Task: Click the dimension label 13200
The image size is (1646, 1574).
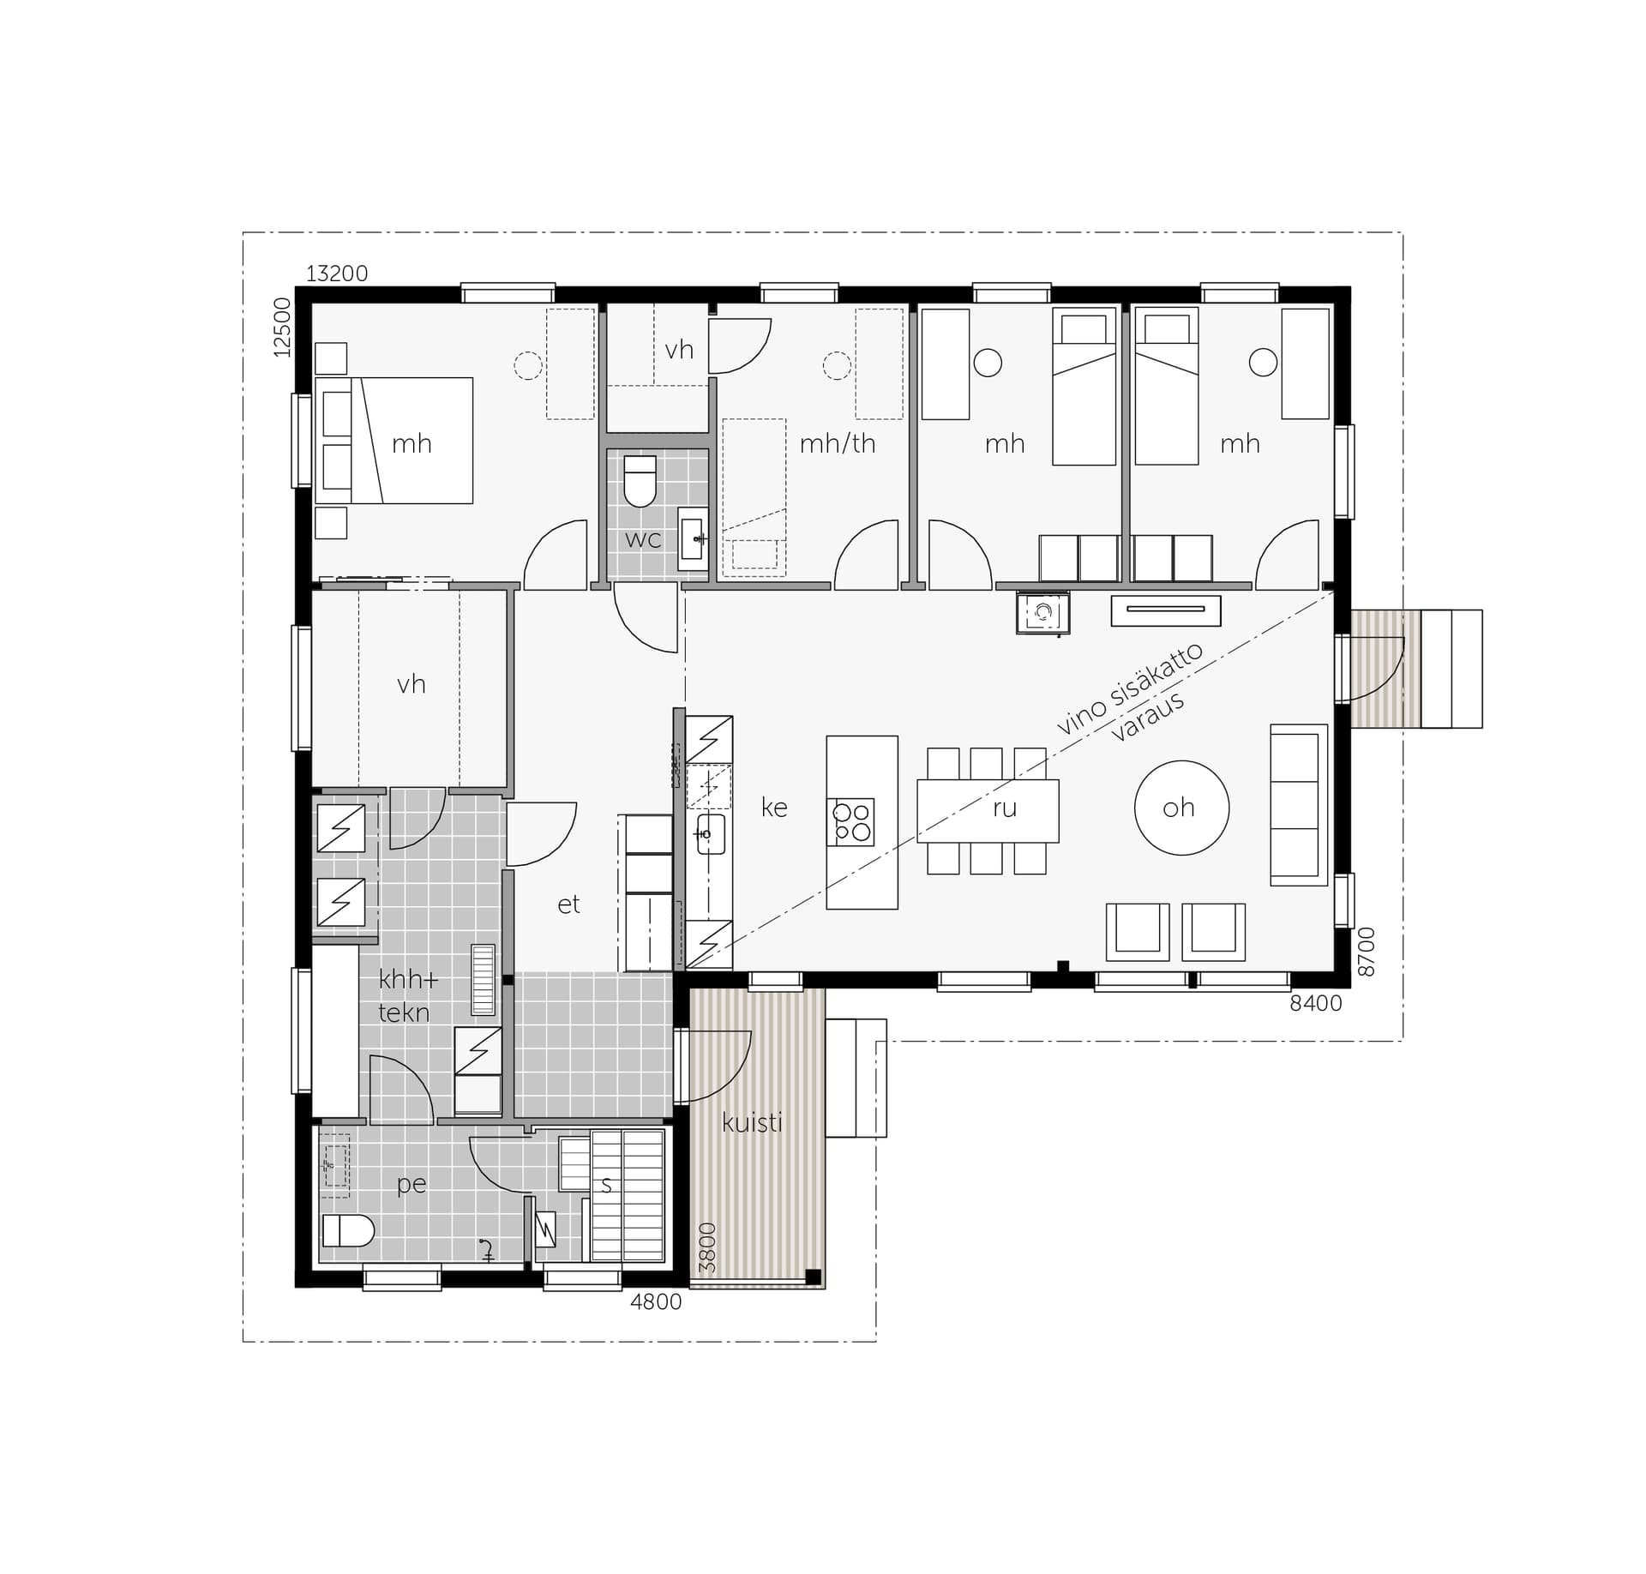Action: pyautogui.click(x=337, y=273)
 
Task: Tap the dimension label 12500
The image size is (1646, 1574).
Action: pyautogui.click(x=282, y=327)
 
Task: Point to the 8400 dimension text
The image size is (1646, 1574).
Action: pyautogui.click(x=1316, y=1003)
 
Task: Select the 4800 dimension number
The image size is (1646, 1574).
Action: pyautogui.click(x=656, y=1302)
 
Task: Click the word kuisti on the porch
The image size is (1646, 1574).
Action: pyautogui.click(x=752, y=1122)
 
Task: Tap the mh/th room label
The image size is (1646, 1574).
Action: pyautogui.click(x=838, y=443)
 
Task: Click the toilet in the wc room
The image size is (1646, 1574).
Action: pyautogui.click(x=640, y=481)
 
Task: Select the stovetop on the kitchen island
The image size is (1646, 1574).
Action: pyautogui.click(x=851, y=822)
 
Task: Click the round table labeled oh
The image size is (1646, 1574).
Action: pyautogui.click(x=1181, y=808)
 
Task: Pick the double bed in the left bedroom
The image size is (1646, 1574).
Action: pyautogui.click(x=393, y=441)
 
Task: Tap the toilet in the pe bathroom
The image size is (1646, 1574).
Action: pyautogui.click(x=348, y=1231)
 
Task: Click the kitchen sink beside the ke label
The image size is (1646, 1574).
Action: pyautogui.click(x=711, y=834)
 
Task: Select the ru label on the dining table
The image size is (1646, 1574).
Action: pyautogui.click(x=1004, y=808)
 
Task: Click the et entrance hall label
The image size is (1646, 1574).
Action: pyautogui.click(x=568, y=904)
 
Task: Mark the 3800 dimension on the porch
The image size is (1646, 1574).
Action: pyautogui.click(x=707, y=1247)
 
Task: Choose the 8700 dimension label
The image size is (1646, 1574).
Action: pyautogui.click(x=1367, y=952)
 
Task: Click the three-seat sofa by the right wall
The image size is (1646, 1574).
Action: pyautogui.click(x=1298, y=805)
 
